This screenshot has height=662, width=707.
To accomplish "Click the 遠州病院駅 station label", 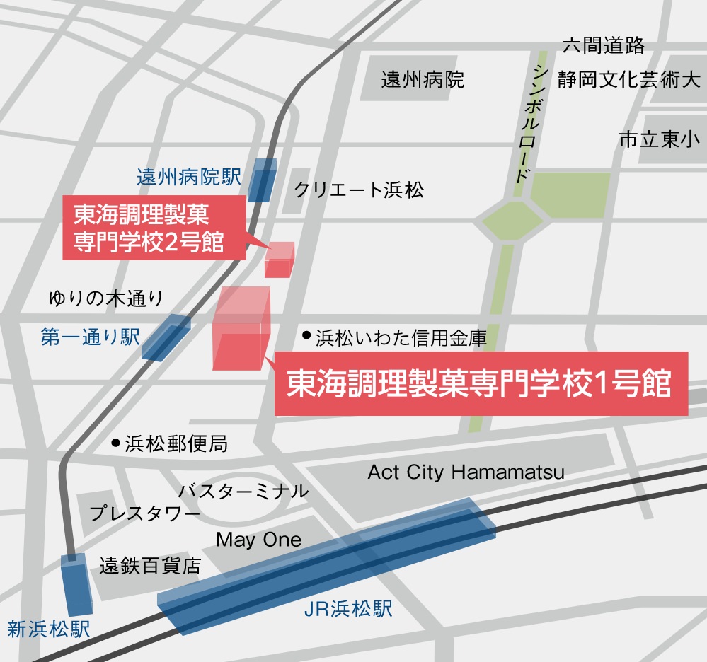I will click(x=189, y=177).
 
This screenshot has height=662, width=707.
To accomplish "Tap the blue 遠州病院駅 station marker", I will click(x=263, y=180).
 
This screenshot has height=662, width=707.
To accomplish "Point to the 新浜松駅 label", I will click(x=49, y=629).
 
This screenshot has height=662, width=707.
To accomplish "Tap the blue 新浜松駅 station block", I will click(x=76, y=584).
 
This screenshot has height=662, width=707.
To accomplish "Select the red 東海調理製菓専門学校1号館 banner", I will click(x=481, y=384).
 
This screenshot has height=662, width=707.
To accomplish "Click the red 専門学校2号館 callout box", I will click(x=154, y=228).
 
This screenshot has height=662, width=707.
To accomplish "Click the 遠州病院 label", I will click(x=423, y=79).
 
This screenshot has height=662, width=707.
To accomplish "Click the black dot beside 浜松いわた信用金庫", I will click(x=306, y=335).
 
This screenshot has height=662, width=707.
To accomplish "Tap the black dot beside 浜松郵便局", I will click(x=115, y=443).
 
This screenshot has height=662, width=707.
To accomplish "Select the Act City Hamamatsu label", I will click(x=466, y=472).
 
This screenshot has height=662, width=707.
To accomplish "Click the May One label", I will click(x=258, y=540).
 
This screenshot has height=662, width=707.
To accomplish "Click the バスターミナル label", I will click(x=243, y=491).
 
